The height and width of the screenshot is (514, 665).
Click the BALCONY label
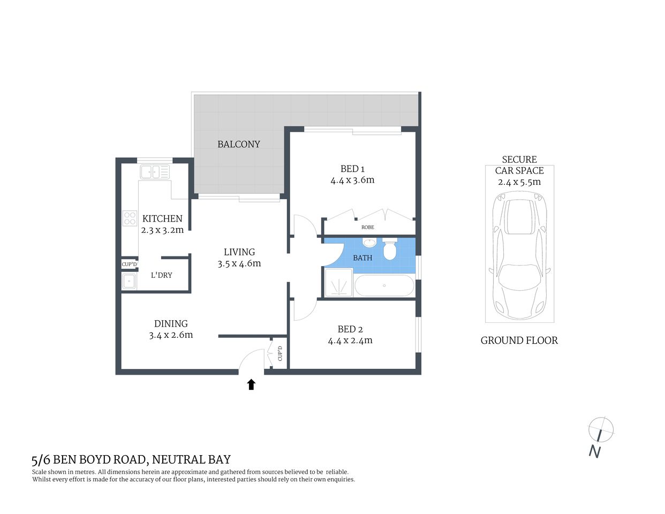[x=238, y=144]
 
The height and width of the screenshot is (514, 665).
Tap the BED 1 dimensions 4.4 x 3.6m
[x=352, y=180]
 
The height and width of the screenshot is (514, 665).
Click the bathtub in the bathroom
[x=384, y=285]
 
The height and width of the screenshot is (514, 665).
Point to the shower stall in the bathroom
[x=338, y=282]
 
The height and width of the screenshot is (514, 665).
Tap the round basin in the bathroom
[x=369, y=243]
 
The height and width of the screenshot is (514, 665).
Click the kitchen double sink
[x=155, y=172]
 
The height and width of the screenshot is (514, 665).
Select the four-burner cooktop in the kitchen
[x=130, y=218]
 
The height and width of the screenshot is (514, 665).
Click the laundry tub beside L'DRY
[x=129, y=281]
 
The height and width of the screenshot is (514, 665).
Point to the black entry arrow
[x=251, y=384]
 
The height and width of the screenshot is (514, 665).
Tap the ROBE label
[x=367, y=228]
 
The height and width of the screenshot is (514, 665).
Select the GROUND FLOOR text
[x=519, y=341]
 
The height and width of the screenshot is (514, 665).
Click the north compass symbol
[x=600, y=430]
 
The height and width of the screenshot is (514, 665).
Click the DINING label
[x=171, y=323]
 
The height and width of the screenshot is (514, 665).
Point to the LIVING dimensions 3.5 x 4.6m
[x=239, y=263]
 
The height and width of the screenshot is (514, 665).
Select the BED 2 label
[x=350, y=329]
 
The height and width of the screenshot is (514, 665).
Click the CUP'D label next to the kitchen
[x=129, y=264]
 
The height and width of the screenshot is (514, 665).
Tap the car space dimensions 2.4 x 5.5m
[x=519, y=182]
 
